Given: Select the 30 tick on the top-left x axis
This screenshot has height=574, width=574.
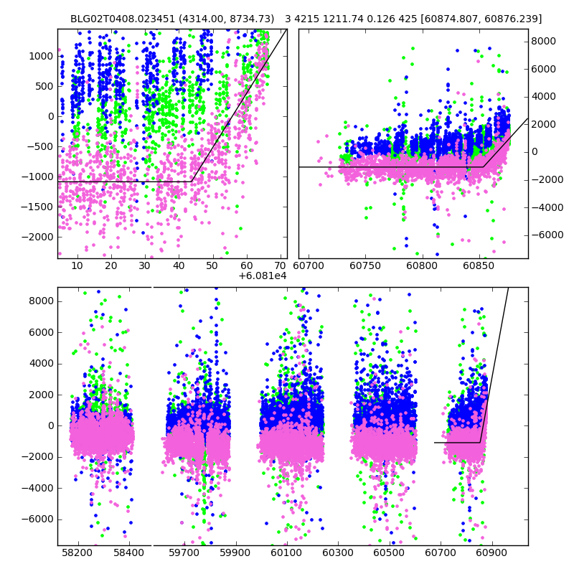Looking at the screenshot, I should [145, 265].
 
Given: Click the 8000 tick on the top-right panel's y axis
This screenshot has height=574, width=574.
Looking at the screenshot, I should [544, 42].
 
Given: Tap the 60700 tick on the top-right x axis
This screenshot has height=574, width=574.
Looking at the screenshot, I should [309, 265].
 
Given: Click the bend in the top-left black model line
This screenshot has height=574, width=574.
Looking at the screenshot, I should [192, 182].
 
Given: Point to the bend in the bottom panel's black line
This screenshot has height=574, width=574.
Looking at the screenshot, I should [480, 442].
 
